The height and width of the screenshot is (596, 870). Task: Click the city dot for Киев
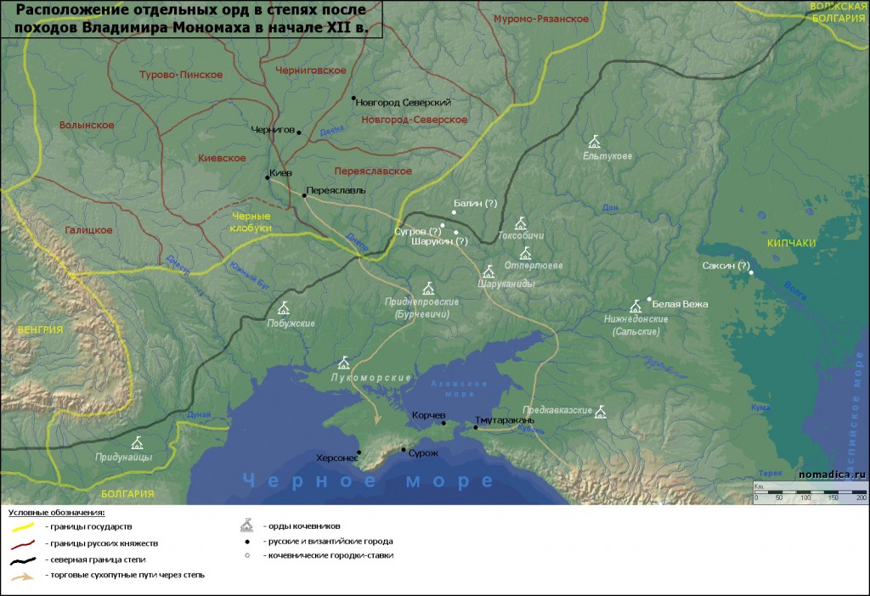[x=267, y=177]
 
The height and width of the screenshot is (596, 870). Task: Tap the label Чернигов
[x=271, y=131]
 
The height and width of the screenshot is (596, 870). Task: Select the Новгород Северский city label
[x=404, y=102]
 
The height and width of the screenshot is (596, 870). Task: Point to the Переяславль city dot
[x=304, y=195]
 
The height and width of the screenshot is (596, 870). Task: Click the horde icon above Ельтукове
[x=595, y=141]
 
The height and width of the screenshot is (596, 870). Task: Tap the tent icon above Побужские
[x=284, y=308]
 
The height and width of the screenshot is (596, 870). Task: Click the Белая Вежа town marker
[x=649, y=299]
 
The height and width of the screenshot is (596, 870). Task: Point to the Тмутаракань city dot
[x=476, y=428]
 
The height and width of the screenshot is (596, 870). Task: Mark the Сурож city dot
[x=404, y=450]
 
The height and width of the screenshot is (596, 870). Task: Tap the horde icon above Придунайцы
[x=137, y=442]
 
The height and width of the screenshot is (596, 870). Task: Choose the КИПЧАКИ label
[x=791, y=243]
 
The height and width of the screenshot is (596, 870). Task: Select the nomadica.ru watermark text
[x=831, y=475]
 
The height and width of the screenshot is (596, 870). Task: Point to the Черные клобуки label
[x=251, y=222]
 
